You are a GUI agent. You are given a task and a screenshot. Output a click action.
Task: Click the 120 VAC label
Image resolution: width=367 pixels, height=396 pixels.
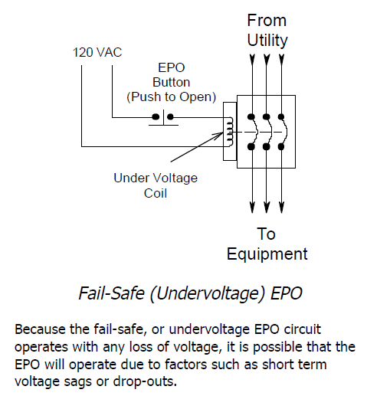(x=97, y=53)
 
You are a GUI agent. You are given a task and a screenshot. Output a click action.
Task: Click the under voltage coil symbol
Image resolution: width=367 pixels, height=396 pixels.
(x=230, y=132)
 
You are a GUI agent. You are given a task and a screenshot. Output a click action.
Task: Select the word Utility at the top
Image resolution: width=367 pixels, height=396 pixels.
(x=267, y=41)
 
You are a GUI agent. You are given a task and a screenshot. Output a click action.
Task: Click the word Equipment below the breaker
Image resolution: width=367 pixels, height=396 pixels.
(x=267, y=254)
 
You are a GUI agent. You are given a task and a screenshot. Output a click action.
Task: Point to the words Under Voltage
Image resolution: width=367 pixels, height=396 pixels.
(x=156, y=178)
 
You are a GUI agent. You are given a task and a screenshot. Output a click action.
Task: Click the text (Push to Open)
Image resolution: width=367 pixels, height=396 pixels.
(x=172, y=97)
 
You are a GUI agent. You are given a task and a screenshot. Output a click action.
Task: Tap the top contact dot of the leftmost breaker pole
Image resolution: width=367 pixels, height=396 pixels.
(x=251, y=117)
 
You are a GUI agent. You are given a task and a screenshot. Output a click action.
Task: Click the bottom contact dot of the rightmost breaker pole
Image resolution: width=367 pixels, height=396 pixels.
(x=281, y=147)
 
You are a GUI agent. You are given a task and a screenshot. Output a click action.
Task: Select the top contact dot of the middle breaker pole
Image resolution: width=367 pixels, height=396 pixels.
(x=267, y=117)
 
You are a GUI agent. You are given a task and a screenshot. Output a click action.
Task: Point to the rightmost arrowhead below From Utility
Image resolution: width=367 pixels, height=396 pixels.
(x=281, y=61)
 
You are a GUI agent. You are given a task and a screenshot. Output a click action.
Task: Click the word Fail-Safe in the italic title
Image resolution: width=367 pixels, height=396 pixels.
(x=111, y=293)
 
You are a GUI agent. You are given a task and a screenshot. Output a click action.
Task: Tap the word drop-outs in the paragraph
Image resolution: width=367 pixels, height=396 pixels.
(x=145, y=381)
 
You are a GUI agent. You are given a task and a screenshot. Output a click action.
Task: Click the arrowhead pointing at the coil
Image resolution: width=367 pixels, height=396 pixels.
(x=219, y=135)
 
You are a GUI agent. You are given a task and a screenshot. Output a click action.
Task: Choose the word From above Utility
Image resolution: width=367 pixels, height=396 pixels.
(x=267, y=21)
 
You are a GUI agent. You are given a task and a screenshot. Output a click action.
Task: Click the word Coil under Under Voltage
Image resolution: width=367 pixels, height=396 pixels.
(x=156, y=193)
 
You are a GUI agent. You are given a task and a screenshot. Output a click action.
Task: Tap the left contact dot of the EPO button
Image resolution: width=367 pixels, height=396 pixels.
(x=156, y=117)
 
